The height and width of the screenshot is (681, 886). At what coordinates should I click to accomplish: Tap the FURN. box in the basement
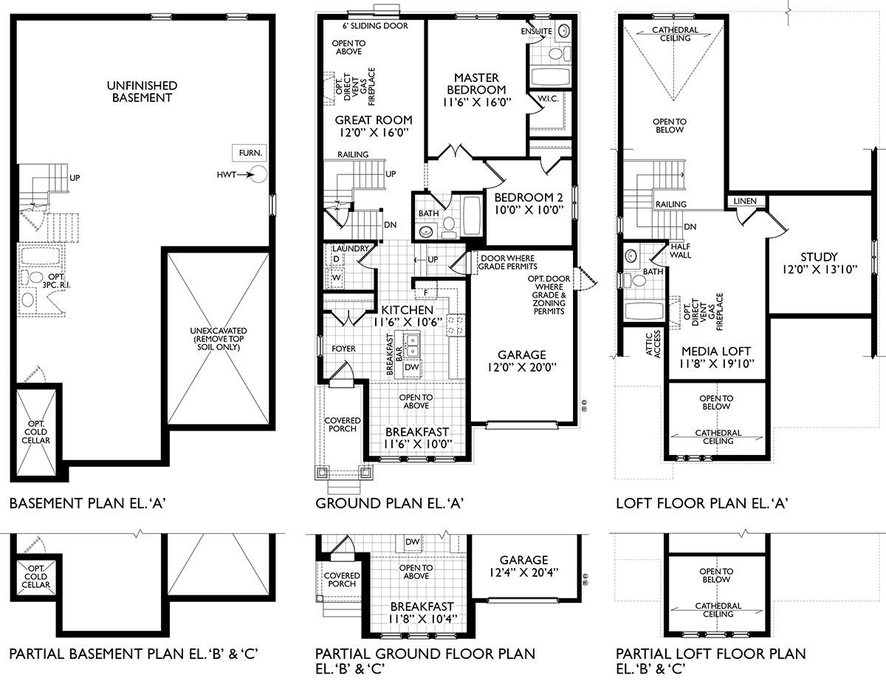(x=246, y=153)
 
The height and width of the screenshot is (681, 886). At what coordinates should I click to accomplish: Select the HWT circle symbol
(x=258, y=175)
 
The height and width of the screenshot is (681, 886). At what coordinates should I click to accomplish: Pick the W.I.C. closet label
(x=547, y=99)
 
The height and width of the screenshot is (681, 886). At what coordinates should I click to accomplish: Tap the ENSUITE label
(x=536, y=32)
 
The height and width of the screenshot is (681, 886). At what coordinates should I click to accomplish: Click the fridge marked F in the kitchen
(x=426, y=293)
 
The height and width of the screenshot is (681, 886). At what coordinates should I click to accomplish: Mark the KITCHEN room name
(x=406, y=309)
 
